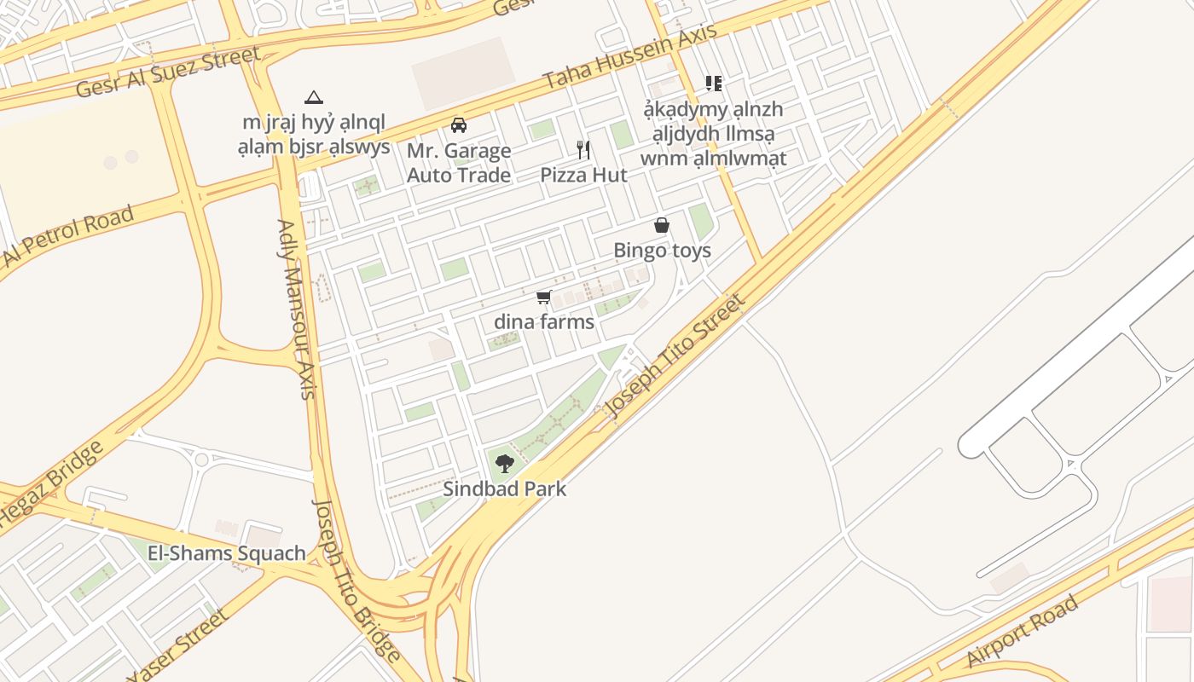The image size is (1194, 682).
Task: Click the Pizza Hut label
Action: [583, 176]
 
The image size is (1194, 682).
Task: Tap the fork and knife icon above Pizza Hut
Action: [583, 150]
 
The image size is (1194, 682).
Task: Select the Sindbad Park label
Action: [504, 489]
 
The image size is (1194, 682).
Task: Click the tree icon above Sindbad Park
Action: [505, 464]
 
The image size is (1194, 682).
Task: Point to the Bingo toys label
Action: [662, 251]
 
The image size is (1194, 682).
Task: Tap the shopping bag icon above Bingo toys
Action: [661, 225]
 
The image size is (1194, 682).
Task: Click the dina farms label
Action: [543, 322]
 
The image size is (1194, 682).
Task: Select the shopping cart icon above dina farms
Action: [543, 297]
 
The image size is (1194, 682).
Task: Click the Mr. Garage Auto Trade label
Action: [459, 163]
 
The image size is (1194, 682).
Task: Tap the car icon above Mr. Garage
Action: [459, 125]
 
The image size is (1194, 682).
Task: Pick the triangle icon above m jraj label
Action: [314, 98]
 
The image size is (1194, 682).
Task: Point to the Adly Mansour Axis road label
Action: [297, 309]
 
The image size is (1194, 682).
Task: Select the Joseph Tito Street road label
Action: [675, 355]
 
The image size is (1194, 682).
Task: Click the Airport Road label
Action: [1023, 631]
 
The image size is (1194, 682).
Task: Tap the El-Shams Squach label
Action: [226, 553]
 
